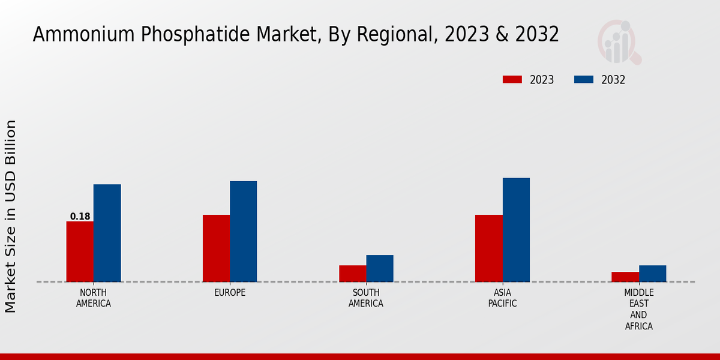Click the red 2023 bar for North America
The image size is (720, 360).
(x=80, y=251)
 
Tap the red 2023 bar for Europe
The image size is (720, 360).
(x=216, y=248)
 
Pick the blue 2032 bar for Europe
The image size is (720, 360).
(x=243, y=232)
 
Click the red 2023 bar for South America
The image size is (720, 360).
(x=352, y=274)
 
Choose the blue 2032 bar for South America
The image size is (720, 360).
(x=380, y=268)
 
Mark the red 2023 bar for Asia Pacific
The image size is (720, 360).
(x=488, y=248)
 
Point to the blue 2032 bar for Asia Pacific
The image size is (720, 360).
(x=516, y=230)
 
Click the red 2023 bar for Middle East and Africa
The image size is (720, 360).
(x=625, y=277)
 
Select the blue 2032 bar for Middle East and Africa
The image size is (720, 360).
(x=652, y=274)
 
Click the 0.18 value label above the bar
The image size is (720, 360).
(x=80, y=217)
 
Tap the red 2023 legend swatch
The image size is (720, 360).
(x=512, y=80)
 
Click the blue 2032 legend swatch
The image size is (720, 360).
(x=584, y=80)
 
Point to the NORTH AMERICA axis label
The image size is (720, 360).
(x=94, y=298)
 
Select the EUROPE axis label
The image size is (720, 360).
(x=230, y=293)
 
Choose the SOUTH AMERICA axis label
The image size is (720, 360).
(x=366, y=298)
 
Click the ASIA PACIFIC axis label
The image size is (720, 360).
(x=502, y=298)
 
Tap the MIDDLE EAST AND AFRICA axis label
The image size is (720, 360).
(x=638, y=310)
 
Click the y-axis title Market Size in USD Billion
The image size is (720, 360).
(x=11, y=216)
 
